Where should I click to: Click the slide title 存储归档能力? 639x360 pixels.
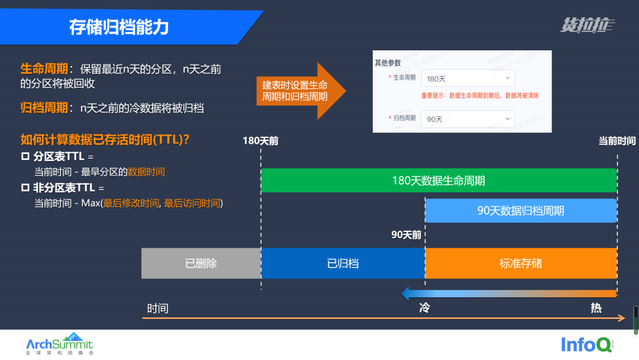[x=119, y=28]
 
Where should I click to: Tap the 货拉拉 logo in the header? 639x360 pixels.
[x=587, y=25]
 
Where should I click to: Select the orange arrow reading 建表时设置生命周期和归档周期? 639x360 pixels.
[x=295, y=91]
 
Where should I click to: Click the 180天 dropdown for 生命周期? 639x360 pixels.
[x=467, y=78]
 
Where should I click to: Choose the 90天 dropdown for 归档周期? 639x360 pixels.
[x=467, y=118]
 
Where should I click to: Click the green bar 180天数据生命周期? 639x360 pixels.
[x=438, y=181]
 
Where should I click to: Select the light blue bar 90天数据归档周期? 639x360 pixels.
[x=521, y=211]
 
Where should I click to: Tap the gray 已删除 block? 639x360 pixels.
[x=201, y=263]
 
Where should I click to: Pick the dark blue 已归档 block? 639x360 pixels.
[x=343, y=263]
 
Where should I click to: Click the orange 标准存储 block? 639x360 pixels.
[x=521, y=263]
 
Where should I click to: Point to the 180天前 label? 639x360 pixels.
[x=260, y=141]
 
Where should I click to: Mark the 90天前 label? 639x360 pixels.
[x=406, y=234]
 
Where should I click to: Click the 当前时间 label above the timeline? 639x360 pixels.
[x=617, y=141]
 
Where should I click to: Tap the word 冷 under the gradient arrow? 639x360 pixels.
[x=424, y=308]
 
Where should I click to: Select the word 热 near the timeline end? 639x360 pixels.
[x=596, y=308]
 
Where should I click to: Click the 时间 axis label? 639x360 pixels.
[x=158, y=308]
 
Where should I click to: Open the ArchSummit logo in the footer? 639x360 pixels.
[x=60, y=344]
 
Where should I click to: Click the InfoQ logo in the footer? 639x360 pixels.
[x=587, y=344]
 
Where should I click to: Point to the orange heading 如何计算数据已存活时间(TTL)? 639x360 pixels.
[x=105, y=140]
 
